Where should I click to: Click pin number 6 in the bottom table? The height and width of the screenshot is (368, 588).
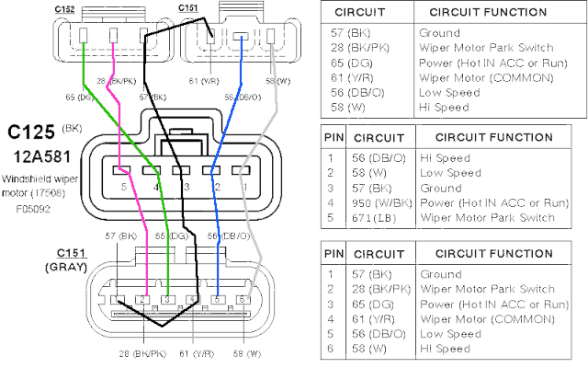point(330,349)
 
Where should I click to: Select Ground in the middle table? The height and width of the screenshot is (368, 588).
point(441,188)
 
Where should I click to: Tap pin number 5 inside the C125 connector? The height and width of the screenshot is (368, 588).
point(123,187)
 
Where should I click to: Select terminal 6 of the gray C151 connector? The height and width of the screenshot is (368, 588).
point(243,300)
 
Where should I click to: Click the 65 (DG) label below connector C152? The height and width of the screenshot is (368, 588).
point(80,96)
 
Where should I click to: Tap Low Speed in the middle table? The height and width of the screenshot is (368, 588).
point(450,172)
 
